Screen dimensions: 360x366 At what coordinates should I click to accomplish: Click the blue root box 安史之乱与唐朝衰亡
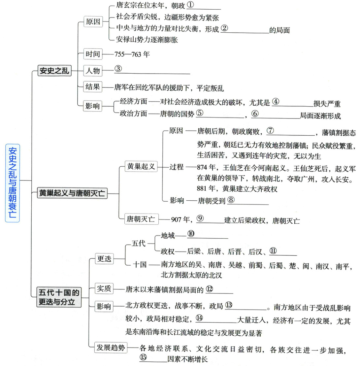click(x=13, y=183)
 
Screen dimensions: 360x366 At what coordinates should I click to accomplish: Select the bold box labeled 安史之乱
click(x=54, y=70)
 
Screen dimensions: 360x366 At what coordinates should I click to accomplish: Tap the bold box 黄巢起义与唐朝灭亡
click(x=72, y=193)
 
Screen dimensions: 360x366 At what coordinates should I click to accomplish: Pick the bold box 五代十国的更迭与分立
click(x=59, y=297)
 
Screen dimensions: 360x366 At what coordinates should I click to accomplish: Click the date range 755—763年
click(x=132, y=54)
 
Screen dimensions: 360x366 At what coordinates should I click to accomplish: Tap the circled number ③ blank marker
click(x=118, y=69)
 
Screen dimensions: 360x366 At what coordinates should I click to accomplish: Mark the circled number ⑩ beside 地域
click(x=191, y=234)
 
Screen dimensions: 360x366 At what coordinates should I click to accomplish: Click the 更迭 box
click(x=104, y=259)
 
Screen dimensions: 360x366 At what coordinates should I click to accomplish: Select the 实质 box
click(x=104, y=288)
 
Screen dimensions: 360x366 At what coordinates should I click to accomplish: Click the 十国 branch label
click(x=140, y=265)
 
